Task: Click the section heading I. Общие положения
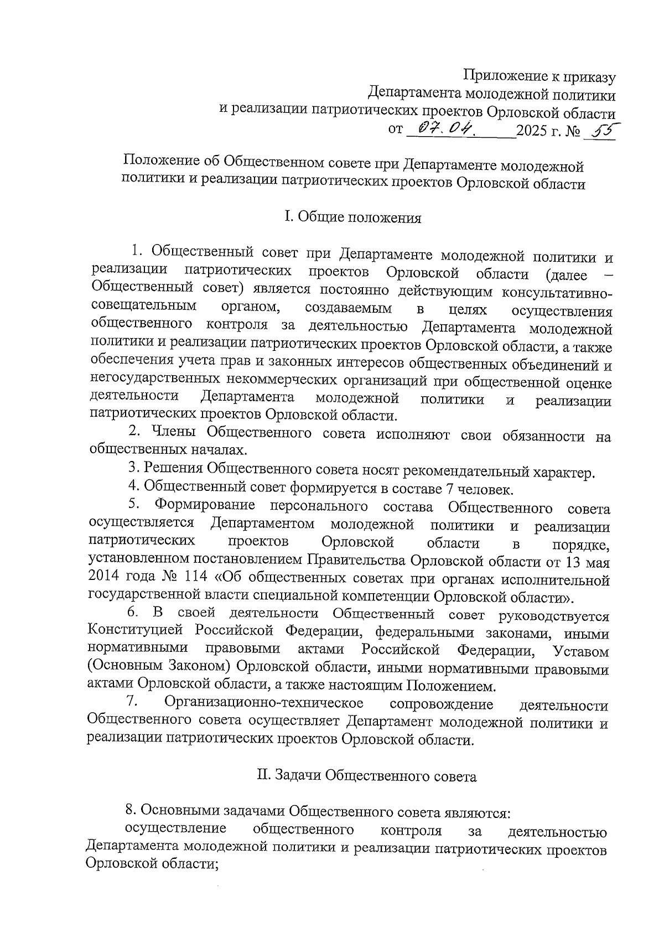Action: point(353,217)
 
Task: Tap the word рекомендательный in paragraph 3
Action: point(469,471)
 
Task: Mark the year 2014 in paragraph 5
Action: point(103,579)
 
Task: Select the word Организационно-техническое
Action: point(264,703)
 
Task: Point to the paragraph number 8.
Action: point(131,810)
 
